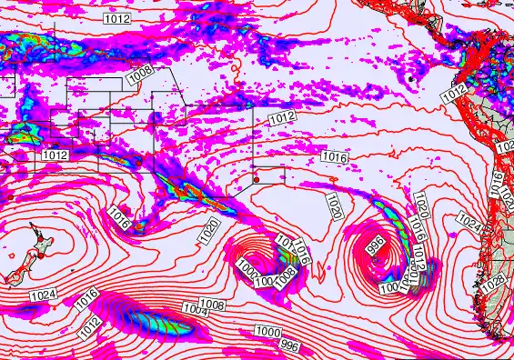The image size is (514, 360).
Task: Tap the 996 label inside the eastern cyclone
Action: pos(374,245)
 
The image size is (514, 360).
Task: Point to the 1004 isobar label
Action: pos(196,312)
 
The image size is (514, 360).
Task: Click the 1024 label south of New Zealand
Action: pos(42,295)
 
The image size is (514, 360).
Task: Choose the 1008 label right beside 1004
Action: pos(212,304)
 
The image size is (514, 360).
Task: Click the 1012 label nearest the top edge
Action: pos(116,17)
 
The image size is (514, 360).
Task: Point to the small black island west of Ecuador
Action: pos(410,80)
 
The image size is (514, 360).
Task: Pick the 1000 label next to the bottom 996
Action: pos(267,331)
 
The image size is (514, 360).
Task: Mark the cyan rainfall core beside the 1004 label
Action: pos(146,319)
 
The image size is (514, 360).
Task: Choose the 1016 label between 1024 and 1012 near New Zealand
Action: pos(86,296)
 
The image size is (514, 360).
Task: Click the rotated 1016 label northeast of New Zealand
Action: pos(119,218)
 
